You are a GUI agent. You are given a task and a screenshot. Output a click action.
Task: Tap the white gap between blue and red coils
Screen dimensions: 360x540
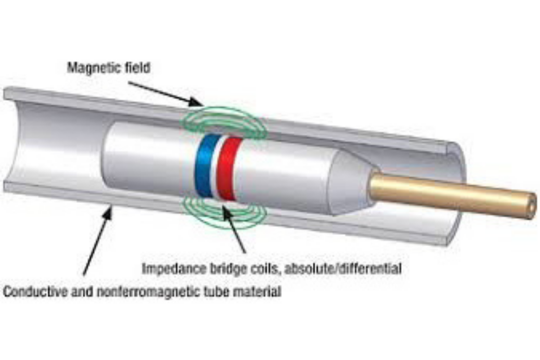click(x=216, y=167)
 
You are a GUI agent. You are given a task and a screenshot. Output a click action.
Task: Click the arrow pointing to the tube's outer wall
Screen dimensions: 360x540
click(x=97, y=238)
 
